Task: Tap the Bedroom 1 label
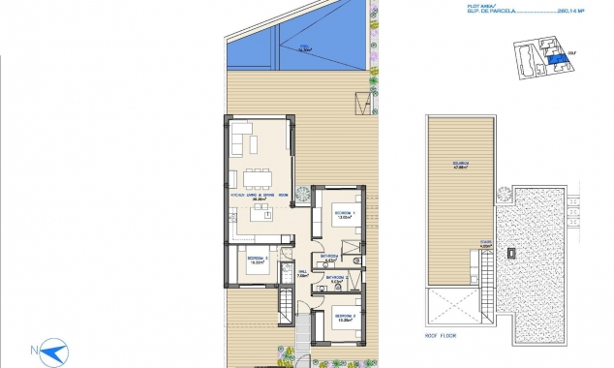(x=346, y=211)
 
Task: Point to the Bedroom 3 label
(x=257, y=259)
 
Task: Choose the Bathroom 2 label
(x=335, y=278)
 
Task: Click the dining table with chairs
(x=257, y=176)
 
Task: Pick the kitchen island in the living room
(x=260, y=214)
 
